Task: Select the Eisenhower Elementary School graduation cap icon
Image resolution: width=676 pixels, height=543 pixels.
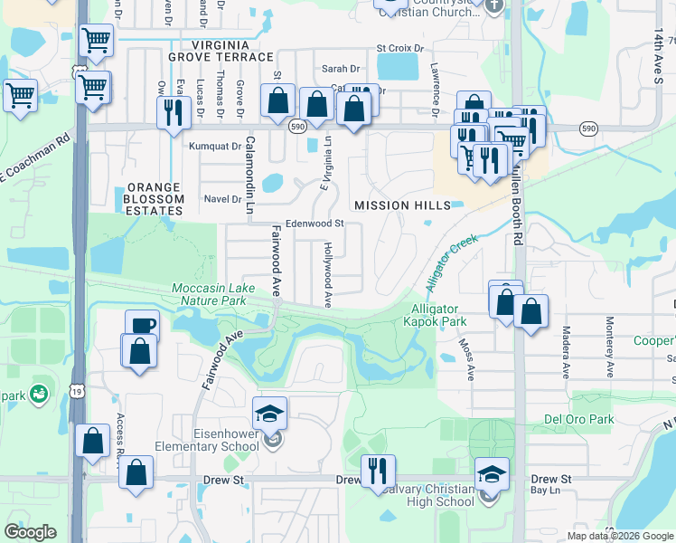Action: tap(270, 414)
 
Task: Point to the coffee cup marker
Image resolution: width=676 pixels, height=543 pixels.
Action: tap(141, 325)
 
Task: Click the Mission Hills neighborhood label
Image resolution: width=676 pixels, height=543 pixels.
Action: tap(402, 205)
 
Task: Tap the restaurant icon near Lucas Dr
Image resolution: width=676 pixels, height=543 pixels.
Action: tap(170, 112)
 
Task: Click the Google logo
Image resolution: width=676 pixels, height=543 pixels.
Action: tap(31, 532)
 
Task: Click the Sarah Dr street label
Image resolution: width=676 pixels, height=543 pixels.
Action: tap(341, 69)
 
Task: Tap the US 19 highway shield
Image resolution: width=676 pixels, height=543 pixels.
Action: tap(79, 71)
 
